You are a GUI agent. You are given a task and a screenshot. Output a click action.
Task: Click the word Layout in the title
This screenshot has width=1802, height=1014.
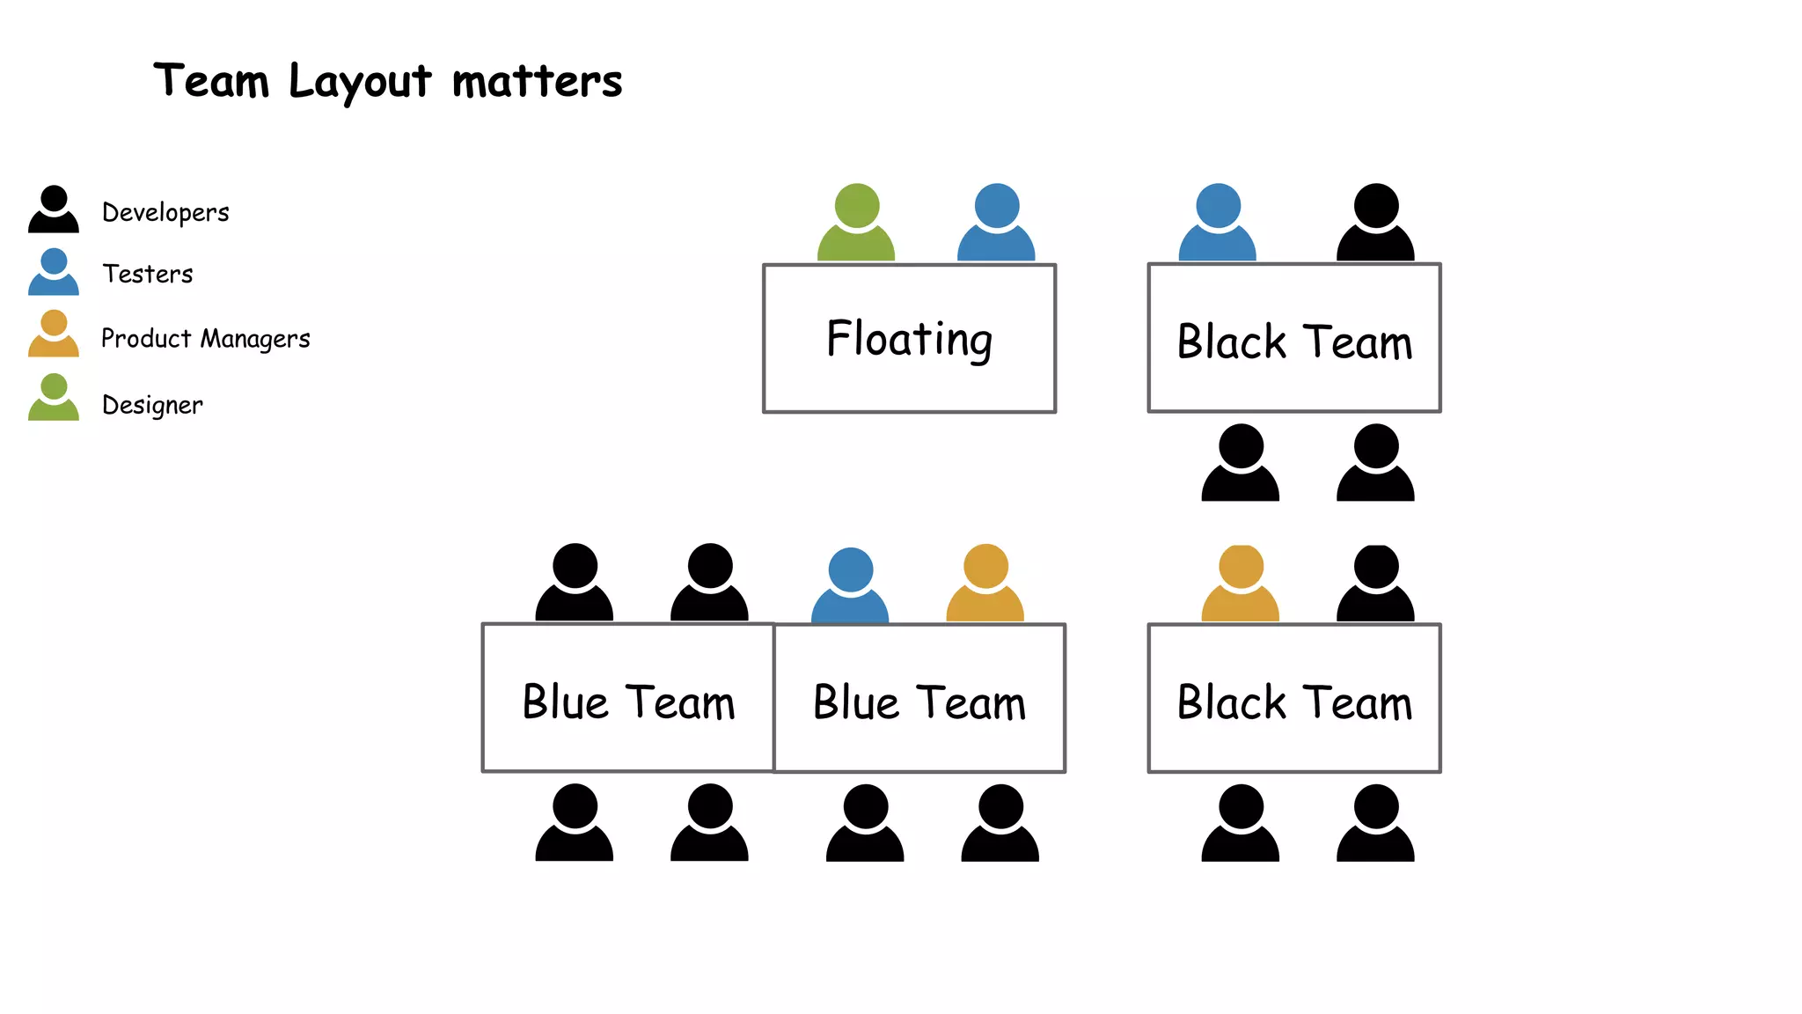360,82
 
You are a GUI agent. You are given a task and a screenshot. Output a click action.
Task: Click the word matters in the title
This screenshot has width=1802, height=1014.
537,82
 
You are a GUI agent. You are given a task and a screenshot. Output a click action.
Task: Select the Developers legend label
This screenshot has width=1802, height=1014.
165,212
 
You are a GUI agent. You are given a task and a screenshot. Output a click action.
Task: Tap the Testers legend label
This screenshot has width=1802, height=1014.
147,274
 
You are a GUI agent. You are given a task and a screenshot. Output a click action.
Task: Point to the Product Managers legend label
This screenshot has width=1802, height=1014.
205,339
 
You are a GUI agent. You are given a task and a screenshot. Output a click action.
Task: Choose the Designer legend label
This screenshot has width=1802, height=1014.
152,405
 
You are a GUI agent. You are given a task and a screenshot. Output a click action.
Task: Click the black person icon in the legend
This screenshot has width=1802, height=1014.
54,210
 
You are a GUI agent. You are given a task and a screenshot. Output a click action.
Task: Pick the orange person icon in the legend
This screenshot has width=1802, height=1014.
54,334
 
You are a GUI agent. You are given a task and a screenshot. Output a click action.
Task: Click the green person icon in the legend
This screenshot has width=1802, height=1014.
54,398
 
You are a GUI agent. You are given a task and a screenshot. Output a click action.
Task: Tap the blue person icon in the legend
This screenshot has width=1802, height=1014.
54,272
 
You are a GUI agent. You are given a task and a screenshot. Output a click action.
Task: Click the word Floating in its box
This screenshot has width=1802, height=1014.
909,339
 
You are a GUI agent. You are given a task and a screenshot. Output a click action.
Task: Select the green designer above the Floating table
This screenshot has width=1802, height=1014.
856,224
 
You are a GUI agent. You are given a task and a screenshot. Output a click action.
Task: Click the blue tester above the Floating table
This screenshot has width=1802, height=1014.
996,224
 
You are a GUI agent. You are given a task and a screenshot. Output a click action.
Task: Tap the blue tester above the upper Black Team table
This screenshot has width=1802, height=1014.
1218,224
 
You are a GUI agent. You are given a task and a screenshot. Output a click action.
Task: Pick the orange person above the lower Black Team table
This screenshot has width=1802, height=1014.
1241,584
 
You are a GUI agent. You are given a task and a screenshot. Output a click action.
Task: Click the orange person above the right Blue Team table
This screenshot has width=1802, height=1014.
985,584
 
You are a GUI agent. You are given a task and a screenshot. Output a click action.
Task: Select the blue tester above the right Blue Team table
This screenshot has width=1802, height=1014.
850,586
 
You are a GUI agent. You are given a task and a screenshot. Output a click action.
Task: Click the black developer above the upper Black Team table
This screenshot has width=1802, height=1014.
1375,224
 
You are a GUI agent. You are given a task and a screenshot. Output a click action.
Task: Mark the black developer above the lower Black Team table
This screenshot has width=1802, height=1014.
1375,584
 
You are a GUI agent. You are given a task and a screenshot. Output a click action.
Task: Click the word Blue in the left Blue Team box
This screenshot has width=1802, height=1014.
565,702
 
